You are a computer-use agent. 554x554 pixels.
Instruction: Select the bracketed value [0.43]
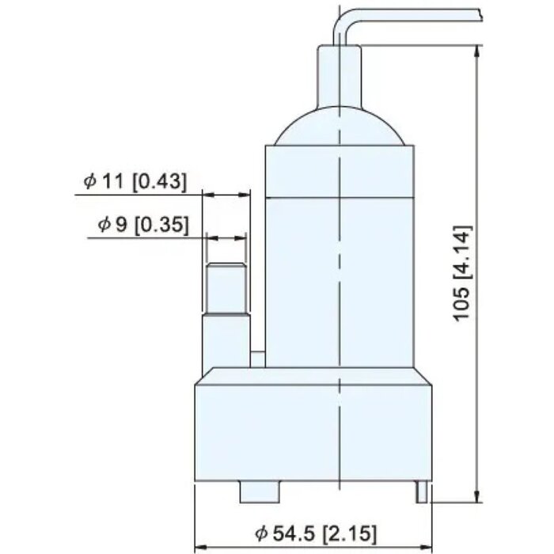point(159,181)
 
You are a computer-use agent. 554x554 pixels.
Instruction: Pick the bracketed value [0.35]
point(161,225)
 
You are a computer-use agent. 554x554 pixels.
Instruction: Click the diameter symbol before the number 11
point(90,181)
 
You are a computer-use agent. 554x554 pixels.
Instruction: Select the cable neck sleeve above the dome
point(340,75)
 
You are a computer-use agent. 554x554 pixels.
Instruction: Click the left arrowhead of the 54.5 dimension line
point(200,545)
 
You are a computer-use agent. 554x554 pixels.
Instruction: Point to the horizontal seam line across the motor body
point(340,197)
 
